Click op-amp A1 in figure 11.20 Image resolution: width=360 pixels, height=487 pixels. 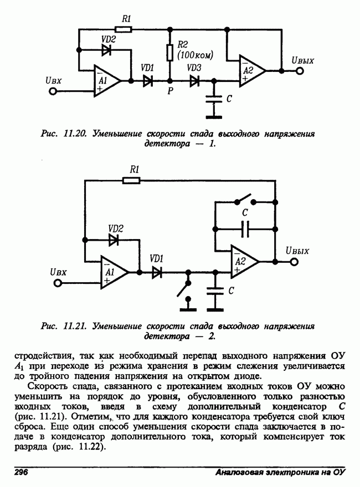click(105, 81)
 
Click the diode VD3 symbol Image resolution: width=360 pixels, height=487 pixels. click(194, 81)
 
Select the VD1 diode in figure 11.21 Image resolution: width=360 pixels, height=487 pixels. click(157, 272)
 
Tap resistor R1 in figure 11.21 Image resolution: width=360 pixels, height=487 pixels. click(133, 180)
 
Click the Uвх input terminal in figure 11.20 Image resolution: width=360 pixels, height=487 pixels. click(53, 91)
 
